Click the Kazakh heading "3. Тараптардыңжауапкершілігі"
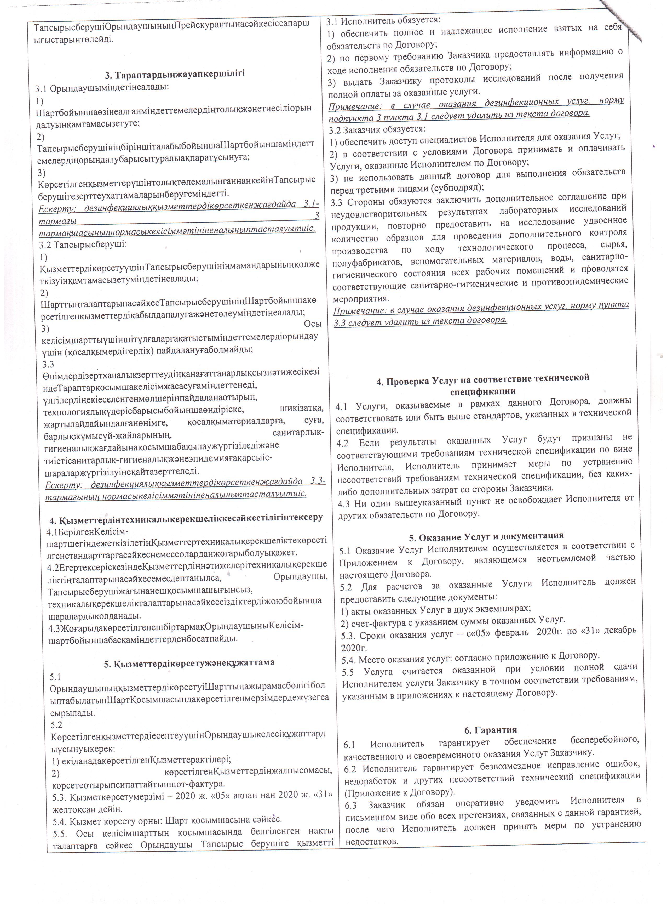click(175, 74)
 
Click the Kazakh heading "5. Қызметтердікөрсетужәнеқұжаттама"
click(189, 662)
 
